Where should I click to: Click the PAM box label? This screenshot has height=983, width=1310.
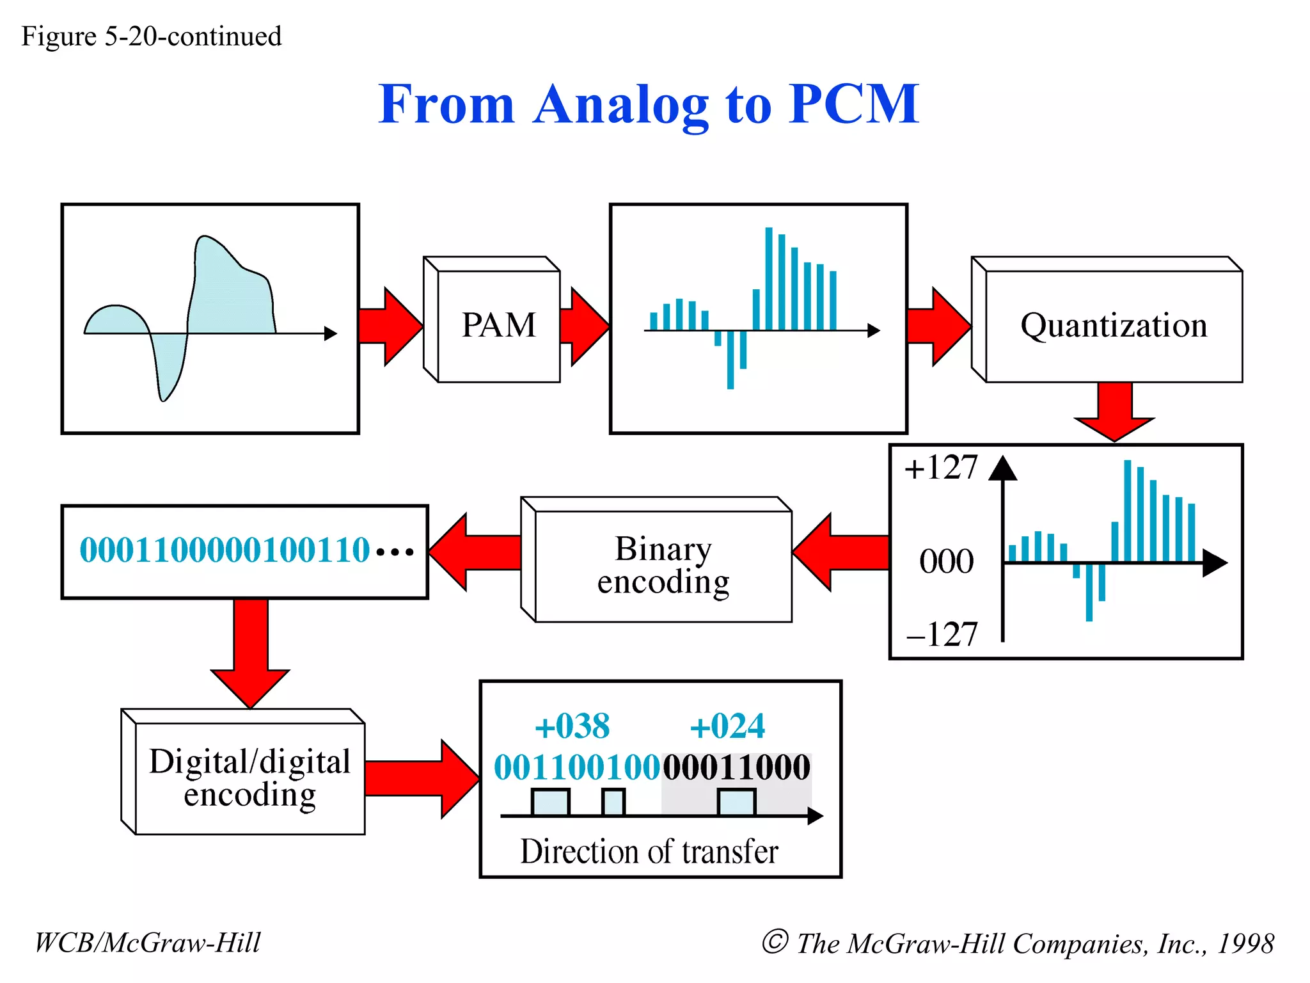[498, 325]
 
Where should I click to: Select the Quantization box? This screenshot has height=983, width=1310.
[1113, 325]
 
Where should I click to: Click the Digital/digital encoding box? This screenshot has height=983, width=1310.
[249, 778]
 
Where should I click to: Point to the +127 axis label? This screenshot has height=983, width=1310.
[940, 467]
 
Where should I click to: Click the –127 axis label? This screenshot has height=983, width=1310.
[942, 634]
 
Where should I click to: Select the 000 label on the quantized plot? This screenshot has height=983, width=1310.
[946, 561]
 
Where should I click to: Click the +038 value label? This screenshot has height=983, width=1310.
[572, 726]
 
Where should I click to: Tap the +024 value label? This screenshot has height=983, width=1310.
[727, 726]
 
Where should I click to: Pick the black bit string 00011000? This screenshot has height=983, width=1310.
[737, 767]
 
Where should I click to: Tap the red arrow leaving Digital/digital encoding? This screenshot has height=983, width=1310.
[422, 779]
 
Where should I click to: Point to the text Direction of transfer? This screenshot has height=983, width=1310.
[649, 852]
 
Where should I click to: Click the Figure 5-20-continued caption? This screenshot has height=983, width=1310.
[152, 36]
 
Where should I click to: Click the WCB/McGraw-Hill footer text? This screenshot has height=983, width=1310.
[148, 943]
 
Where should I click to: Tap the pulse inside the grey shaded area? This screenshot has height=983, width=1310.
[736, 803]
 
